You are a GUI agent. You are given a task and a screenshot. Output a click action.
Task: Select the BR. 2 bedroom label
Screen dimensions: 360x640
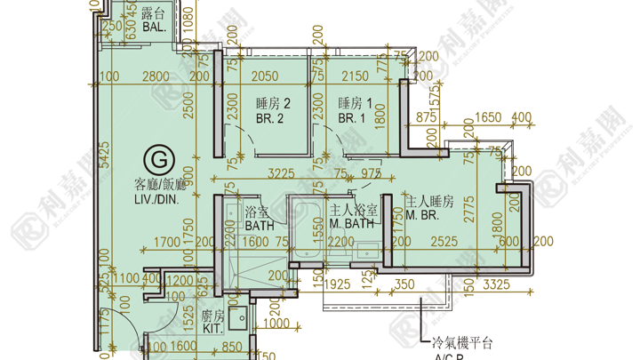pos(268,117)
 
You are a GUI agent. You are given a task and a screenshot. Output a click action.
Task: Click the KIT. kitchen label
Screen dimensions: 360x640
pos(212,329)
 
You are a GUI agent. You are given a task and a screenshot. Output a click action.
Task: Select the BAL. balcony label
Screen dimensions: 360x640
pos(154,28)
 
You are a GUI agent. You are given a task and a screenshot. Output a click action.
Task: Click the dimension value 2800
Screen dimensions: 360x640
pos(155,77)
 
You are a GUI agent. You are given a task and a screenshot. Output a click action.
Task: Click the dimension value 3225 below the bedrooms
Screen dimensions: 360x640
pos(281,173)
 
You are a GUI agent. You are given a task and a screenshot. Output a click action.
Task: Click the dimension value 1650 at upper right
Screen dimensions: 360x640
pos(491,116)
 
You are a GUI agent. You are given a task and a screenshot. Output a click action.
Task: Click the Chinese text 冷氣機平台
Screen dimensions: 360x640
pos(460,341)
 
